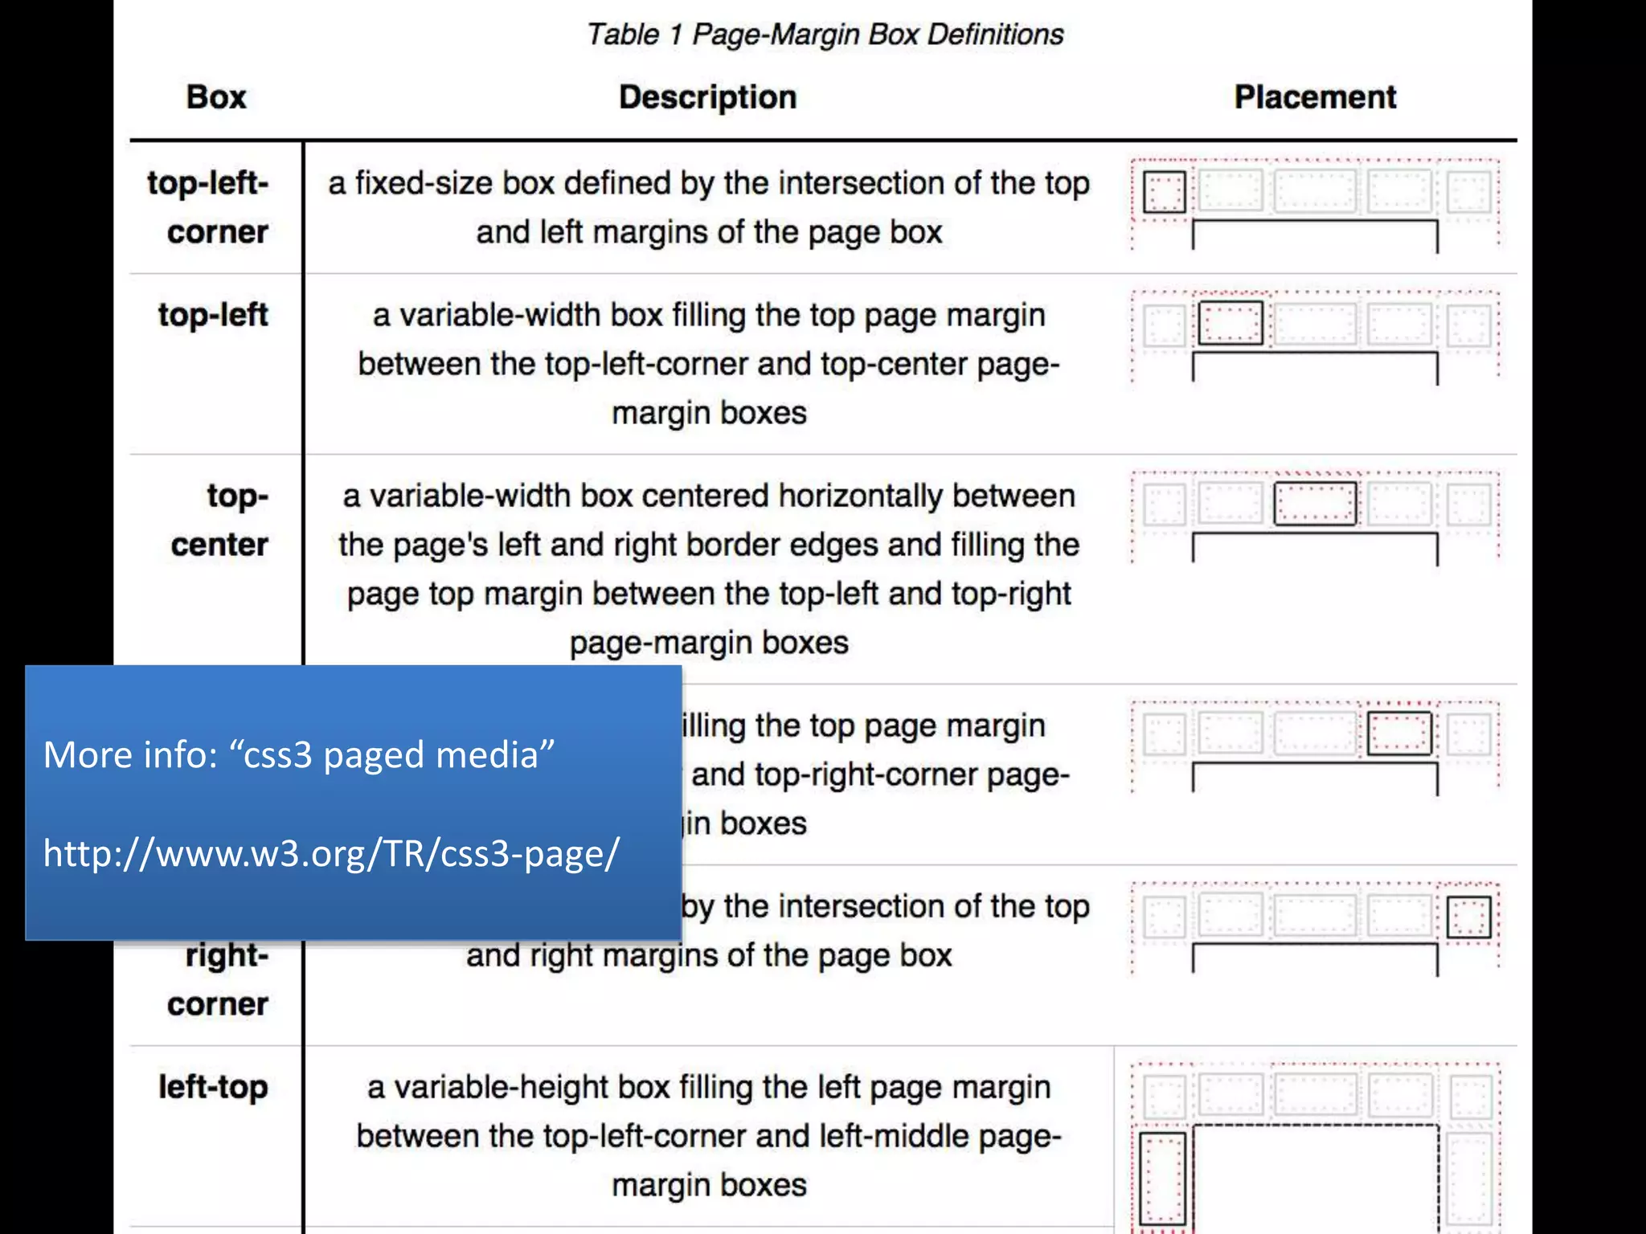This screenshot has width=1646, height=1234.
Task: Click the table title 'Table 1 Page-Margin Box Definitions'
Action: pyautogui.click(x=825, y=35)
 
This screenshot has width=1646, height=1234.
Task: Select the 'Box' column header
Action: pyautogui.click(x=216, y=97)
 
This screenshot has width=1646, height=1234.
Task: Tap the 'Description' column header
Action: pyautogui.click(x=707, y=97)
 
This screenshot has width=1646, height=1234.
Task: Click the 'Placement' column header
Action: pyautogui.click(x=1315, y=97)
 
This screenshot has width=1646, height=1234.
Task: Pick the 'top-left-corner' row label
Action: pyautogui.click(x=208, y=207)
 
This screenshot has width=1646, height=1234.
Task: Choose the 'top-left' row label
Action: pyautogui.click(x=213, y=315)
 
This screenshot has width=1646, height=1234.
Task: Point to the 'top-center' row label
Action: pyautogui.click(x=219, y=520)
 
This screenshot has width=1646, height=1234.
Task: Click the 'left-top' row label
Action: pyautogui.click(x=213, y=1087)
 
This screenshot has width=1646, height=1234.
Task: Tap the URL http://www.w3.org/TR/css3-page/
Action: pyautogui.click(x=331, y=853)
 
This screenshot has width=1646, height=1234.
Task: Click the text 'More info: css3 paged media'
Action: pyautogui.click(x=299, y=754)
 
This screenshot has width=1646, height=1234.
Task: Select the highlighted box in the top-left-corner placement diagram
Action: pyautogui.click(x=1164, y=192)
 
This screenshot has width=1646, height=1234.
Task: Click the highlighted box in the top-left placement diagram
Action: pyautogui.click(x=1230, y=323)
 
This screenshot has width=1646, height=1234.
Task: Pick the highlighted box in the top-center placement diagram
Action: pyautogui.click(x=1315, y=504)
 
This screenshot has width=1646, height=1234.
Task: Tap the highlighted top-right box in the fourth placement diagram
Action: pyautogui.click(x=1399, y=733)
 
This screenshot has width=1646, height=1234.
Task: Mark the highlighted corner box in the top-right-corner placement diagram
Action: pyautogui.click(x=1468, y=917)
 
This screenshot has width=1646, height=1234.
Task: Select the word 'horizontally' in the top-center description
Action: pyautogui.click(x=860, y=496)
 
